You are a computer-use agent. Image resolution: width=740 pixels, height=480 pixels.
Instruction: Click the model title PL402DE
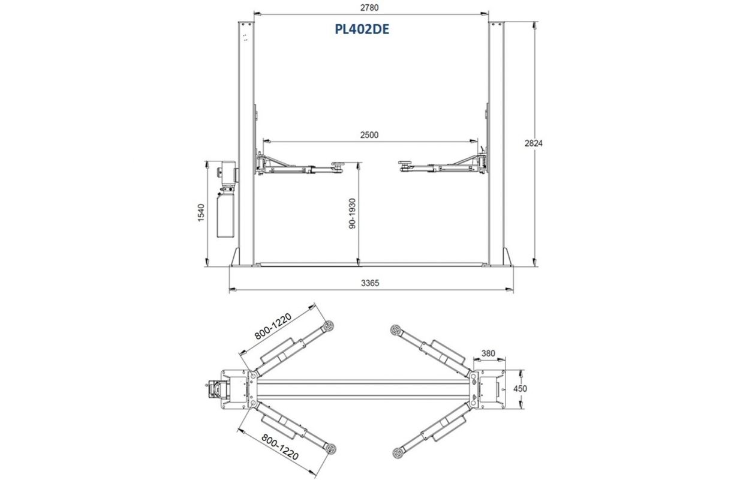click(362, 29)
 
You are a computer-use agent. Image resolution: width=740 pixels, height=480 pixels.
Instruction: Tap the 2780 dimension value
click(370, 7)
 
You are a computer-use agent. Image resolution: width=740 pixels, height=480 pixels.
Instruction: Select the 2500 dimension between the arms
click(369, 135)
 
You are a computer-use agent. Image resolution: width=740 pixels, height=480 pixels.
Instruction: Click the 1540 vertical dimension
click(201, 213)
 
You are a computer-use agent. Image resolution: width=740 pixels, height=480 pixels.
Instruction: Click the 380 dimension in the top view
click(488, 353)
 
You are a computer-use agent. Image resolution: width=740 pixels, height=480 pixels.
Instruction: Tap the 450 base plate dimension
click(521, 388)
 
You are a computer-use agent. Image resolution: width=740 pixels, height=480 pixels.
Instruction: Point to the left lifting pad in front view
click(338, 163)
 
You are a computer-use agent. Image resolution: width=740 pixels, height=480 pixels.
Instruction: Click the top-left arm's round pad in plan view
click(329, 326)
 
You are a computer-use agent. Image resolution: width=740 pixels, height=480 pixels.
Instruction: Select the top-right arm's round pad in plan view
click(395, 329)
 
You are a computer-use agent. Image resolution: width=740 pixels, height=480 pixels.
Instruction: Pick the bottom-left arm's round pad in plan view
click(329, 446)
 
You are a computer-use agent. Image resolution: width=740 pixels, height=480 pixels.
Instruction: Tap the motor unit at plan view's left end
click(213, 388)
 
